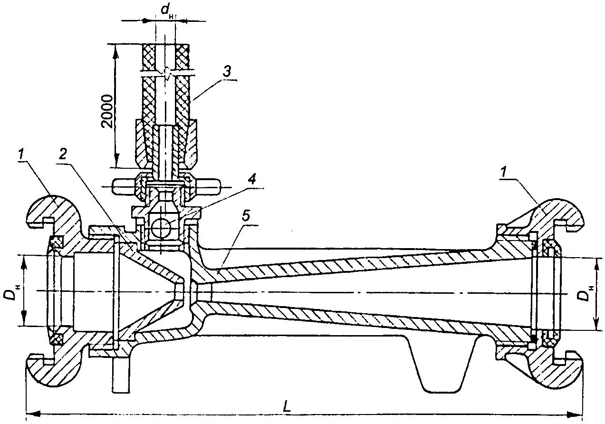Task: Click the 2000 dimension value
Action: (107, 111)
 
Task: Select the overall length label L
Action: (287, 405)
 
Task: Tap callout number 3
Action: (227, 71)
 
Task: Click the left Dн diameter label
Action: (11, 292)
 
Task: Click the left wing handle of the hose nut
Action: (124, 186)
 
